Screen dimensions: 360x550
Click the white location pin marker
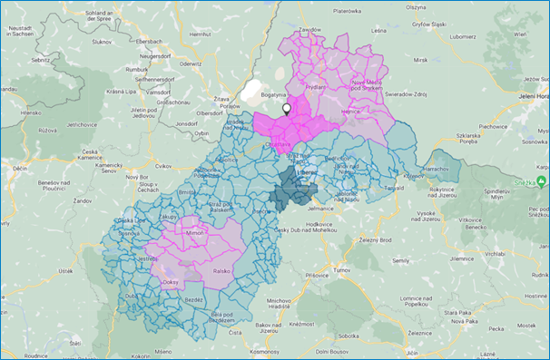(287, 108)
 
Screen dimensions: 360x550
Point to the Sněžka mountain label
(530, 180)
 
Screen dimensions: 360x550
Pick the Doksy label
(171, 283)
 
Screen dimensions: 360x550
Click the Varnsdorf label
(159, 92)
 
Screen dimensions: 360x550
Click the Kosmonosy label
(270, 350)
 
